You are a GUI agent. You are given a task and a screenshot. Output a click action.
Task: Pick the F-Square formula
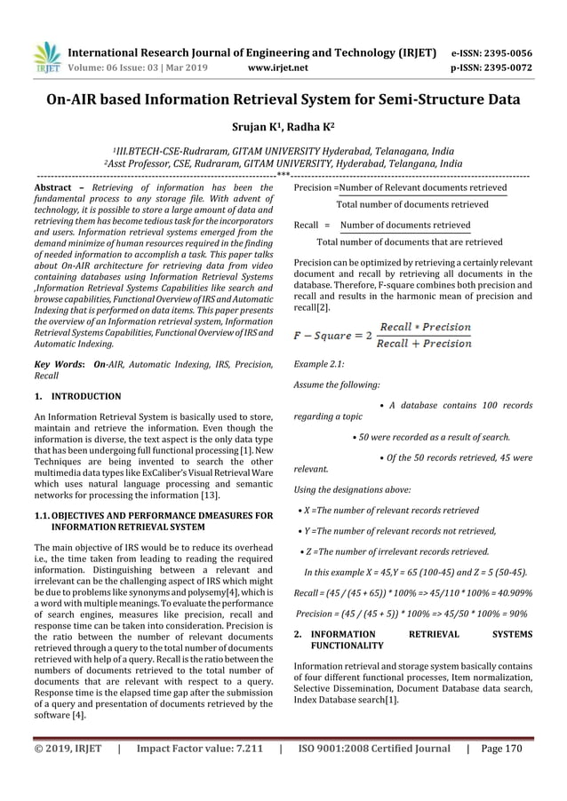coord(383,336)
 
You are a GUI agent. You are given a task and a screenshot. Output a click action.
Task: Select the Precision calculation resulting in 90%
coord(411,613)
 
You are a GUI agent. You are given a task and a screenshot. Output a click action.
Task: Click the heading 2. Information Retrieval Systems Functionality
coord(413,641)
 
